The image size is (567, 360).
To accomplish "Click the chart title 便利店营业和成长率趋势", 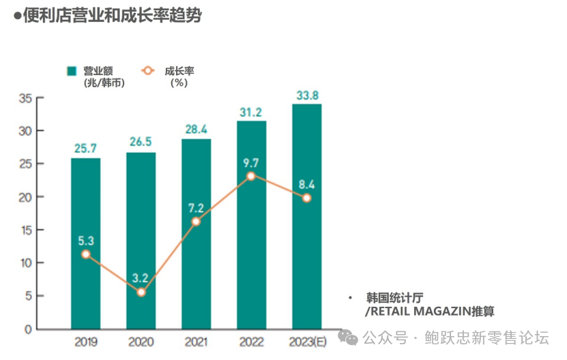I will (x=112, y=16).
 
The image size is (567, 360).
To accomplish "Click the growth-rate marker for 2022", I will (x=251, y=176).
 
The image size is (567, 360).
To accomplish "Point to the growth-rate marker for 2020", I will (x=141, y=292).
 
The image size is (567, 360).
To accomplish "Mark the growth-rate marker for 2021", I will (x=196, y=222).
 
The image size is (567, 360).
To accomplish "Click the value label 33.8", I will (x=306, y=95).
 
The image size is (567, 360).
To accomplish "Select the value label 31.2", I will (x=251, y=112).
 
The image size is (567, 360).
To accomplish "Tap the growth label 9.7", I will (x=251, y=162).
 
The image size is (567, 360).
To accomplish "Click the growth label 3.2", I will (x=141, y=278).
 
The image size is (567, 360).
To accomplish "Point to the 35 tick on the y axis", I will (x=25, y=98).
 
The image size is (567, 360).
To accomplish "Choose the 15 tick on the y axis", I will (x=25, y=230).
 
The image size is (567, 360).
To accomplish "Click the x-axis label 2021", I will (x=196, y=342).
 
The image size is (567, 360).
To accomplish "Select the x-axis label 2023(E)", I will (x=307, y=342).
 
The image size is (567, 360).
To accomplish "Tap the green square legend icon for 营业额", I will (x=70, y=70).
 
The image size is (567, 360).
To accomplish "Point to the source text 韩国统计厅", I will (x=395, y=297).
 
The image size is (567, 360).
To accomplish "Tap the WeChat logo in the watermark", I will (x=349, y=337).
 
